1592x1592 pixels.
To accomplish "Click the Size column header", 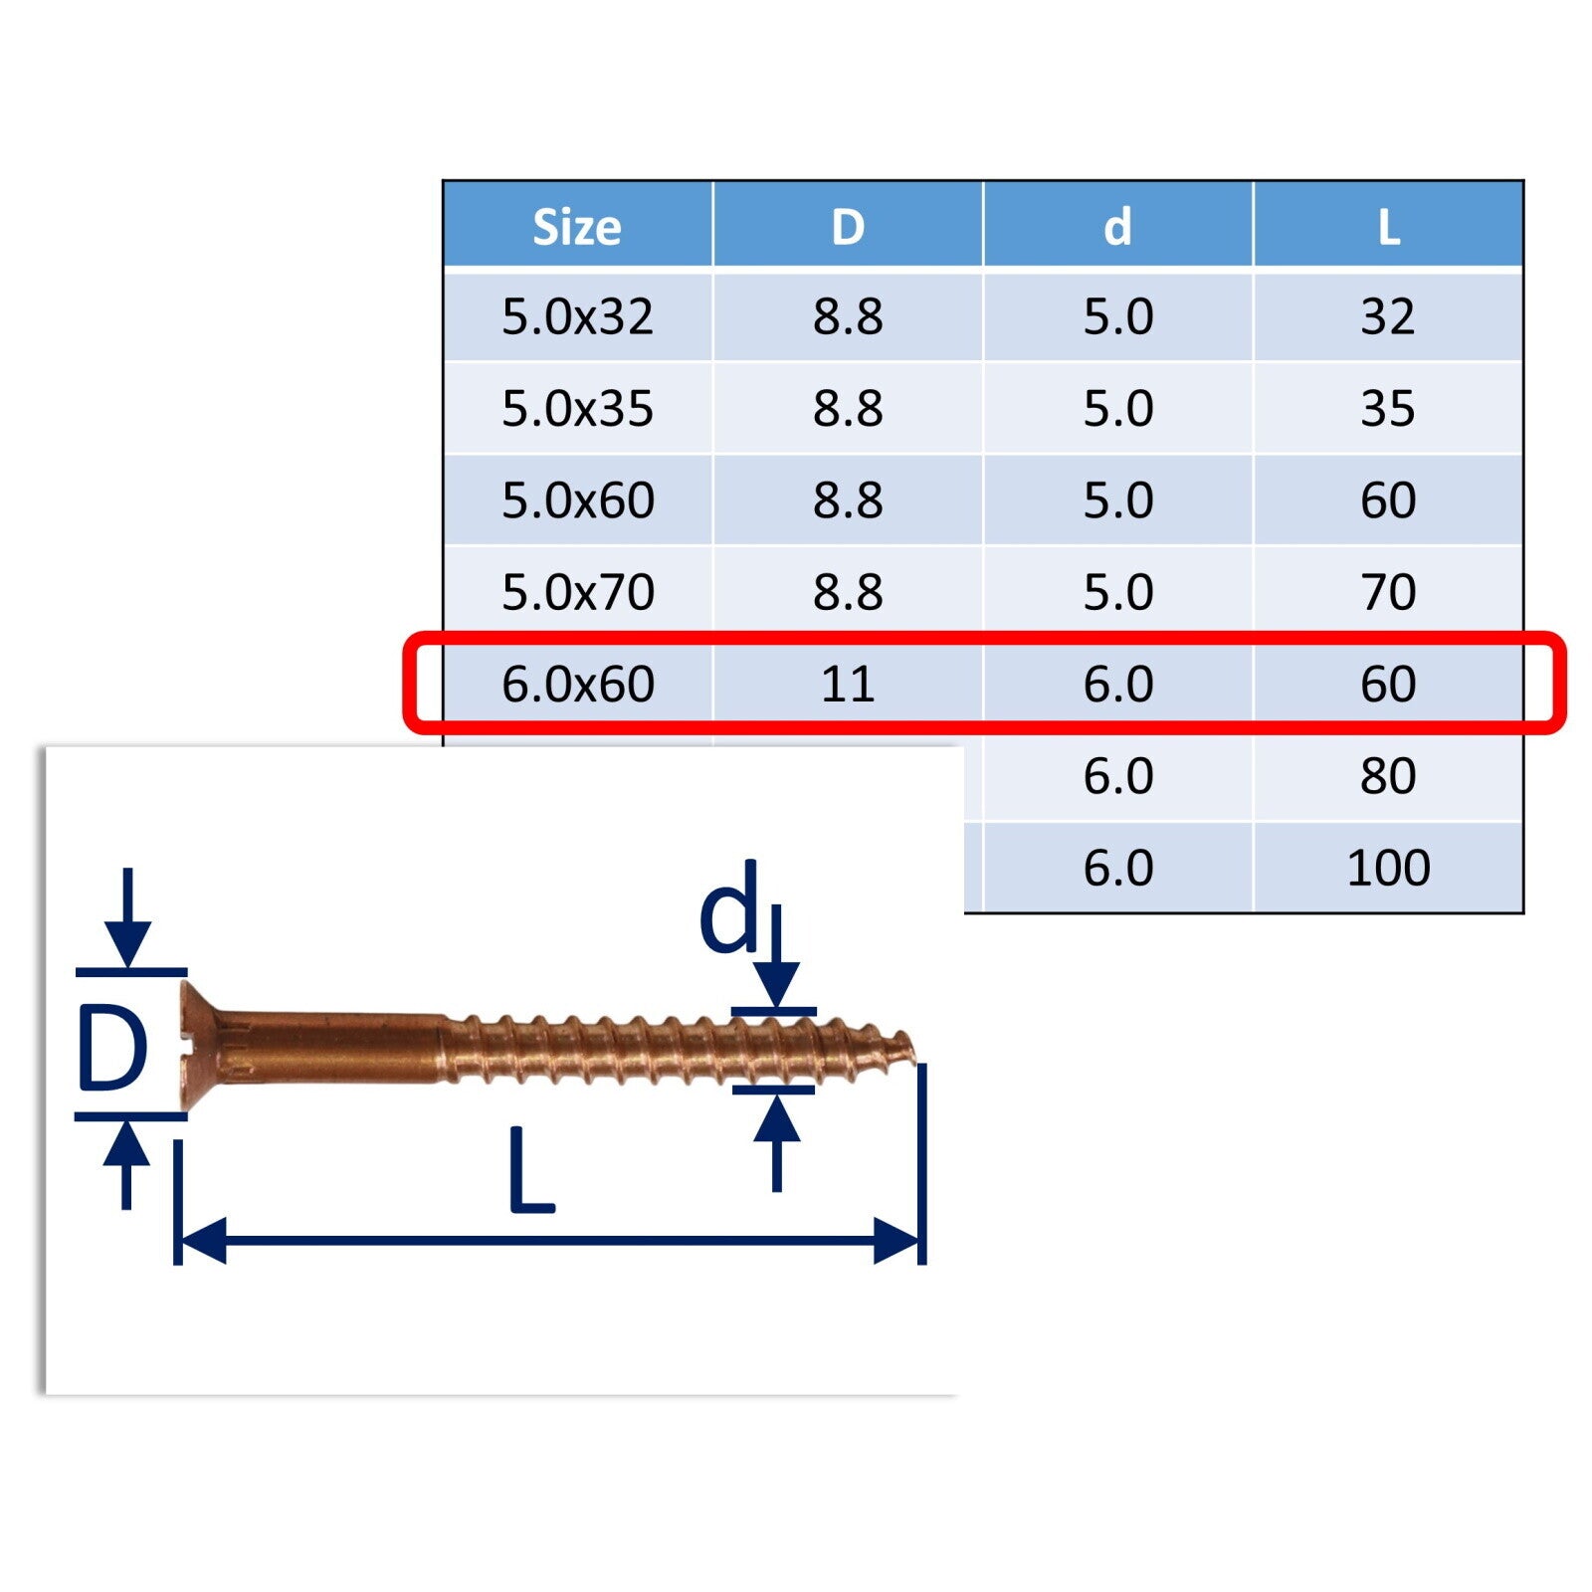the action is click(x=577, y=227).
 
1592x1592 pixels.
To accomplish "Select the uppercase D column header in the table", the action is click(x=848, y=227).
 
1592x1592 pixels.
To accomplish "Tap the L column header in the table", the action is click(x=1389, y=227).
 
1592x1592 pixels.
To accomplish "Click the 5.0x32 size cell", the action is click(x=577, y=316).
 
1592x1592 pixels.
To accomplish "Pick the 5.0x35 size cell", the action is click(x=577, y=408).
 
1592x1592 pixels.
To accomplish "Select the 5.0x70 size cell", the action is click(x=577, y=592).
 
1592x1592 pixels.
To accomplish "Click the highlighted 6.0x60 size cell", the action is click(x=577, y=684).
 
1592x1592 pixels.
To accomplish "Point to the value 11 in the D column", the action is click(x=848, y=684).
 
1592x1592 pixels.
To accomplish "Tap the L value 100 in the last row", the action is click(x=1388, y=868).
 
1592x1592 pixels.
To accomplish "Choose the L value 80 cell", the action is click(x=1388, y=776).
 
